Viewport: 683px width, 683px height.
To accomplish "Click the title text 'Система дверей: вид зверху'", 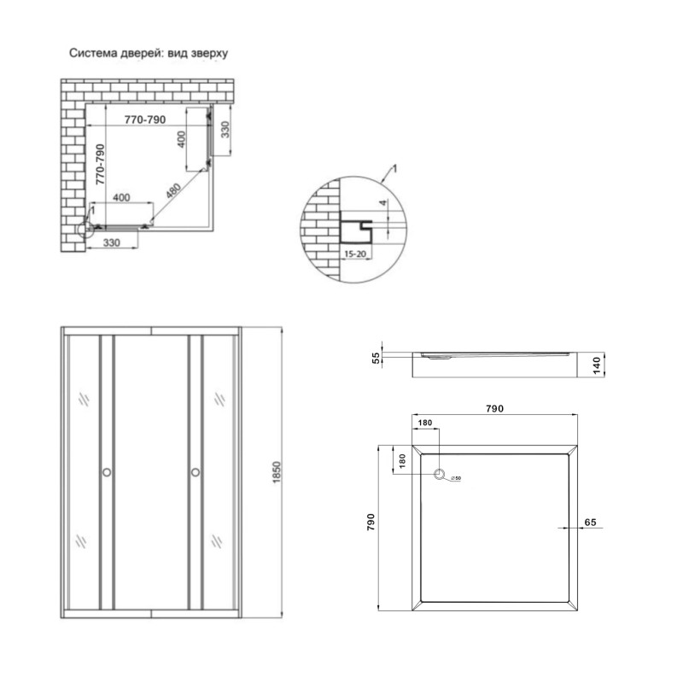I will coord(150,53).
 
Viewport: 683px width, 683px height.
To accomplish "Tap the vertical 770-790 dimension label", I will coord(100,165).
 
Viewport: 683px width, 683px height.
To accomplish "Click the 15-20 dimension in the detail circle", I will coord(355,254).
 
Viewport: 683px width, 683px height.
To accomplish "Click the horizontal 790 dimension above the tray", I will coord(496,409).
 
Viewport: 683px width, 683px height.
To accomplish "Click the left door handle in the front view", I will coord(107,472).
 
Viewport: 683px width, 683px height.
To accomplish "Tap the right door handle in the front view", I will coord(196,472).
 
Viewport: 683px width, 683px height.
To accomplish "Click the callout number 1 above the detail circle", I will coord(396,170).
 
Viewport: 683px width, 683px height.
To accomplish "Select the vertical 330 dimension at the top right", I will coord(225,131).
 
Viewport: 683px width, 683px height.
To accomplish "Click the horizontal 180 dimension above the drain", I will coord(425,422).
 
